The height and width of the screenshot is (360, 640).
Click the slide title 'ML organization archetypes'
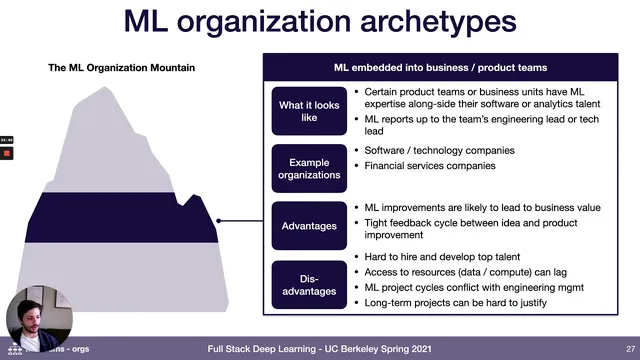click(x=320, y=23)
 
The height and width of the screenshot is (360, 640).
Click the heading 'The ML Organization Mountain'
click(x=122, y=68)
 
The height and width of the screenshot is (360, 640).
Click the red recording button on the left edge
click(x=6, y=154)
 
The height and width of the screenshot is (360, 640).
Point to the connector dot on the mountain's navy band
click(x=218, y=221)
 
